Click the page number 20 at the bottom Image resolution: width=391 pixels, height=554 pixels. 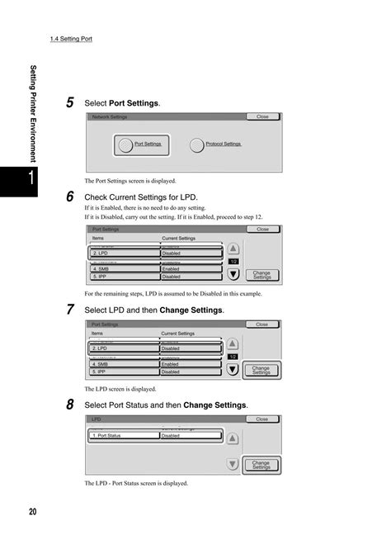pos(32,513)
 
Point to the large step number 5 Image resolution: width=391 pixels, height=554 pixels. pos(70,102)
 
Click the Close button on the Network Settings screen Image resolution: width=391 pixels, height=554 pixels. pos(262,117)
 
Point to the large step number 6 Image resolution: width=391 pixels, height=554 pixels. pos(70,197)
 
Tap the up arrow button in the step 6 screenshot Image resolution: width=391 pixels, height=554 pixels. pos(233,248)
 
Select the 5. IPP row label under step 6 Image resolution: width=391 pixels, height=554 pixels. pos(123,277)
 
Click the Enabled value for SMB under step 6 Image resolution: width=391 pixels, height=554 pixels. pos(191,269)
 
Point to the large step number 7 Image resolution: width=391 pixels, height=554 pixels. pos(70,310)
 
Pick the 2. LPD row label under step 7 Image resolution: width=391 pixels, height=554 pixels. pos(123,349)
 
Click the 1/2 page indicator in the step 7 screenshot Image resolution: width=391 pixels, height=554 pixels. pos(233,357)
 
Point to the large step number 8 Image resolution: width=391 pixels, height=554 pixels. pos(70,405)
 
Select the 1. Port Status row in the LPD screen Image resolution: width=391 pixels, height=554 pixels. pos(123,436)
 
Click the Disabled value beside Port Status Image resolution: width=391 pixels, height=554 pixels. pos(191,436)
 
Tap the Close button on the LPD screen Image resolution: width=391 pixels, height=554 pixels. pos(262,419)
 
